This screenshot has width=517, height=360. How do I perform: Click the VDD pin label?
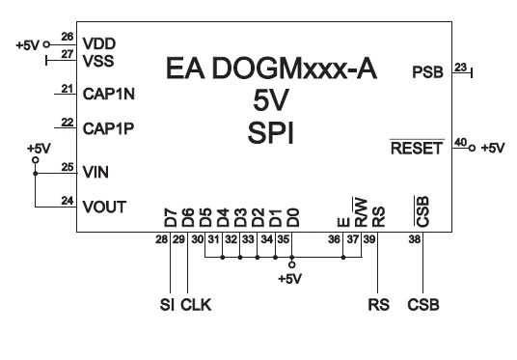coord(99,43)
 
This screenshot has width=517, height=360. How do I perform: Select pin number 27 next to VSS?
coord(68,53)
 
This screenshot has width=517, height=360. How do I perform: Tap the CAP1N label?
coord(108,94)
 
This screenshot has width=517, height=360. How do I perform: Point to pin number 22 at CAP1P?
coord(68,122)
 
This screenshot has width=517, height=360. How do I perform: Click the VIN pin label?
coord(95,172)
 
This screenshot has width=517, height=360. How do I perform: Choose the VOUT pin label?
coord(104,207)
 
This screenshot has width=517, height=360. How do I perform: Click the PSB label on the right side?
coord(427,72)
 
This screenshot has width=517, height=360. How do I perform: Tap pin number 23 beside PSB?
coord(461,68)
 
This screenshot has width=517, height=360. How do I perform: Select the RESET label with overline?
coord(417,148)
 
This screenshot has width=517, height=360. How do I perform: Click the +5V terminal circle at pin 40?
coord(473,149)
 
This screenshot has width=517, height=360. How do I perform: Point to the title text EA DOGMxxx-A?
coord(271,69)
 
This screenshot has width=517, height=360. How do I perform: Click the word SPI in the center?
coord(270,133)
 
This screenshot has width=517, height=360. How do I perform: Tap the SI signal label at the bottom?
coord(167,305)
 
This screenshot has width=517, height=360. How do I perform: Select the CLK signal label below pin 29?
coord(196,305)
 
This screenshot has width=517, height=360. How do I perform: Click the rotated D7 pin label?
coord(171,218)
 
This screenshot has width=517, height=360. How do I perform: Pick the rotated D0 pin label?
coord(293,218)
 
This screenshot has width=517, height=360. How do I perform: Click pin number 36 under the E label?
coord(334,239)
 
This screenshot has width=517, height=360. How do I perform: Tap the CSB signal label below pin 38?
coord(423,305)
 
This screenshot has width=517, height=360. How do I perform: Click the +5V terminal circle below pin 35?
coord(292,264)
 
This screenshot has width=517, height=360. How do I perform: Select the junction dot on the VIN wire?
coord(36,173)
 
